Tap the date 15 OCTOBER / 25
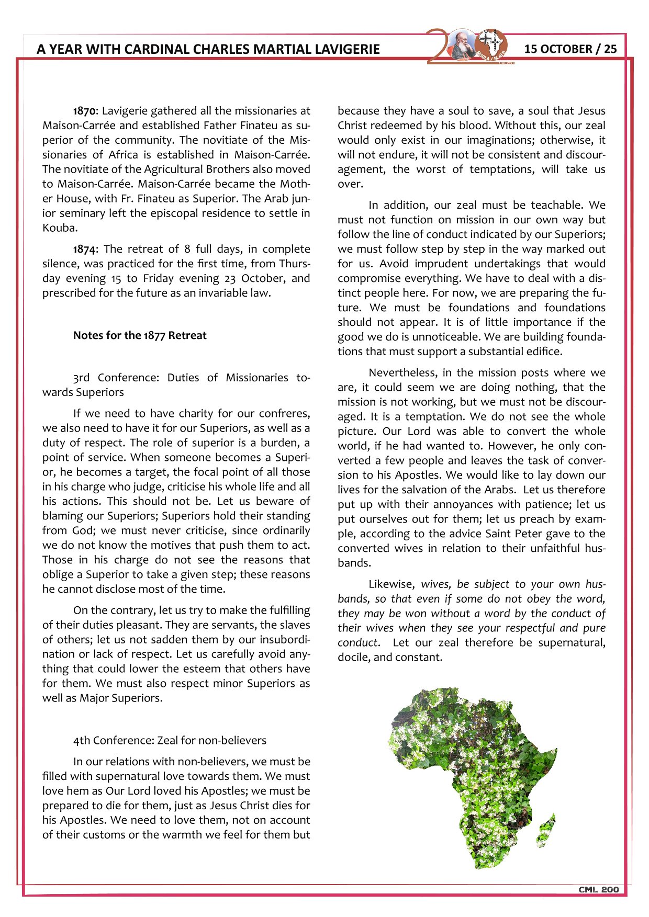tap(570, 49)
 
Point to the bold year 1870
tap(84, 111)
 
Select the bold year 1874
tap(84, 249)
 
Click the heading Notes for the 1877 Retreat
tap(140, 335)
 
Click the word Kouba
tap(59, 228)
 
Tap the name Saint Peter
tap(514, 534)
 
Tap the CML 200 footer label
tap(598, 889)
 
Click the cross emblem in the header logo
tap(491, 42)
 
